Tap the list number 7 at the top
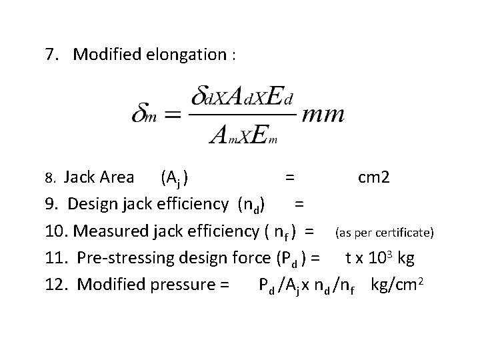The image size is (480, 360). click(49, 55)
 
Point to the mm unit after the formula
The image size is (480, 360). click(323, 115)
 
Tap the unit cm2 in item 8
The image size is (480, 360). click(375, 177)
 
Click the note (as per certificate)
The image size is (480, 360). click(385, 233)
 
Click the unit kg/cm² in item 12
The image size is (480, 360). click(399, 285)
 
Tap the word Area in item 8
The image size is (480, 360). click(121, 177)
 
